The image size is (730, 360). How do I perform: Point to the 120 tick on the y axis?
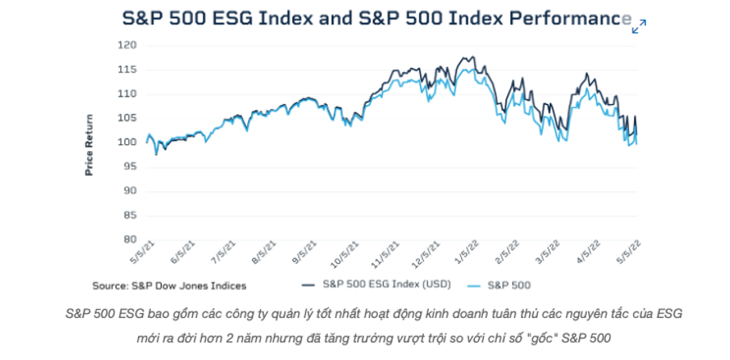tap(127, 45)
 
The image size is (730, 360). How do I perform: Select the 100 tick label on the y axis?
tap(127, 142)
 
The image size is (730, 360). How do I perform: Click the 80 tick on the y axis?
tap(129, 239)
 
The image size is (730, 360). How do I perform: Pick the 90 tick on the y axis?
tap(129, 190)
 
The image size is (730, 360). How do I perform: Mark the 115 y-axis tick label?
tap(127, 69)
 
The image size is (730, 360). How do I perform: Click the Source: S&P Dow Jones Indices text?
tap(169, 285)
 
